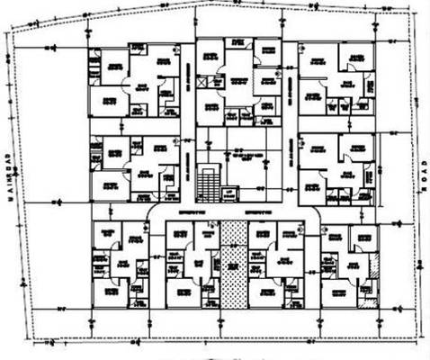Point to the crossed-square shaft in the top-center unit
[x=205, y=80]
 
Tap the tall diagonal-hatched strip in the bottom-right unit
[x=375, y=270]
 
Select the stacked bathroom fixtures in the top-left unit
[x=94, y=68]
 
